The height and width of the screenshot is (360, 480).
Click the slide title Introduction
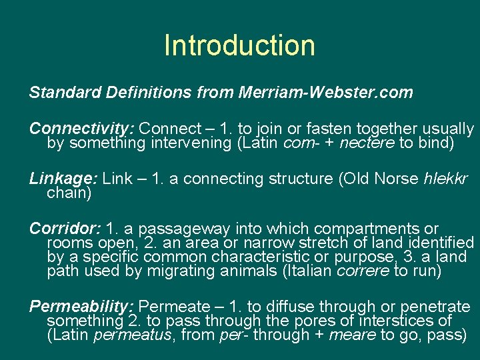(x=239, y=45)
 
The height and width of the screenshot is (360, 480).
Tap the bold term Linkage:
(x=64, y=179)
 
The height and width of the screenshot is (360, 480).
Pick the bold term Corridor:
(x=65, y=229)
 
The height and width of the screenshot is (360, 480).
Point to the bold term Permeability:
(x=82, y=307)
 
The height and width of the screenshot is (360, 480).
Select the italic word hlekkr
(x=446, y=179)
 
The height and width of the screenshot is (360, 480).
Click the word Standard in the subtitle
(x=58, y=93)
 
